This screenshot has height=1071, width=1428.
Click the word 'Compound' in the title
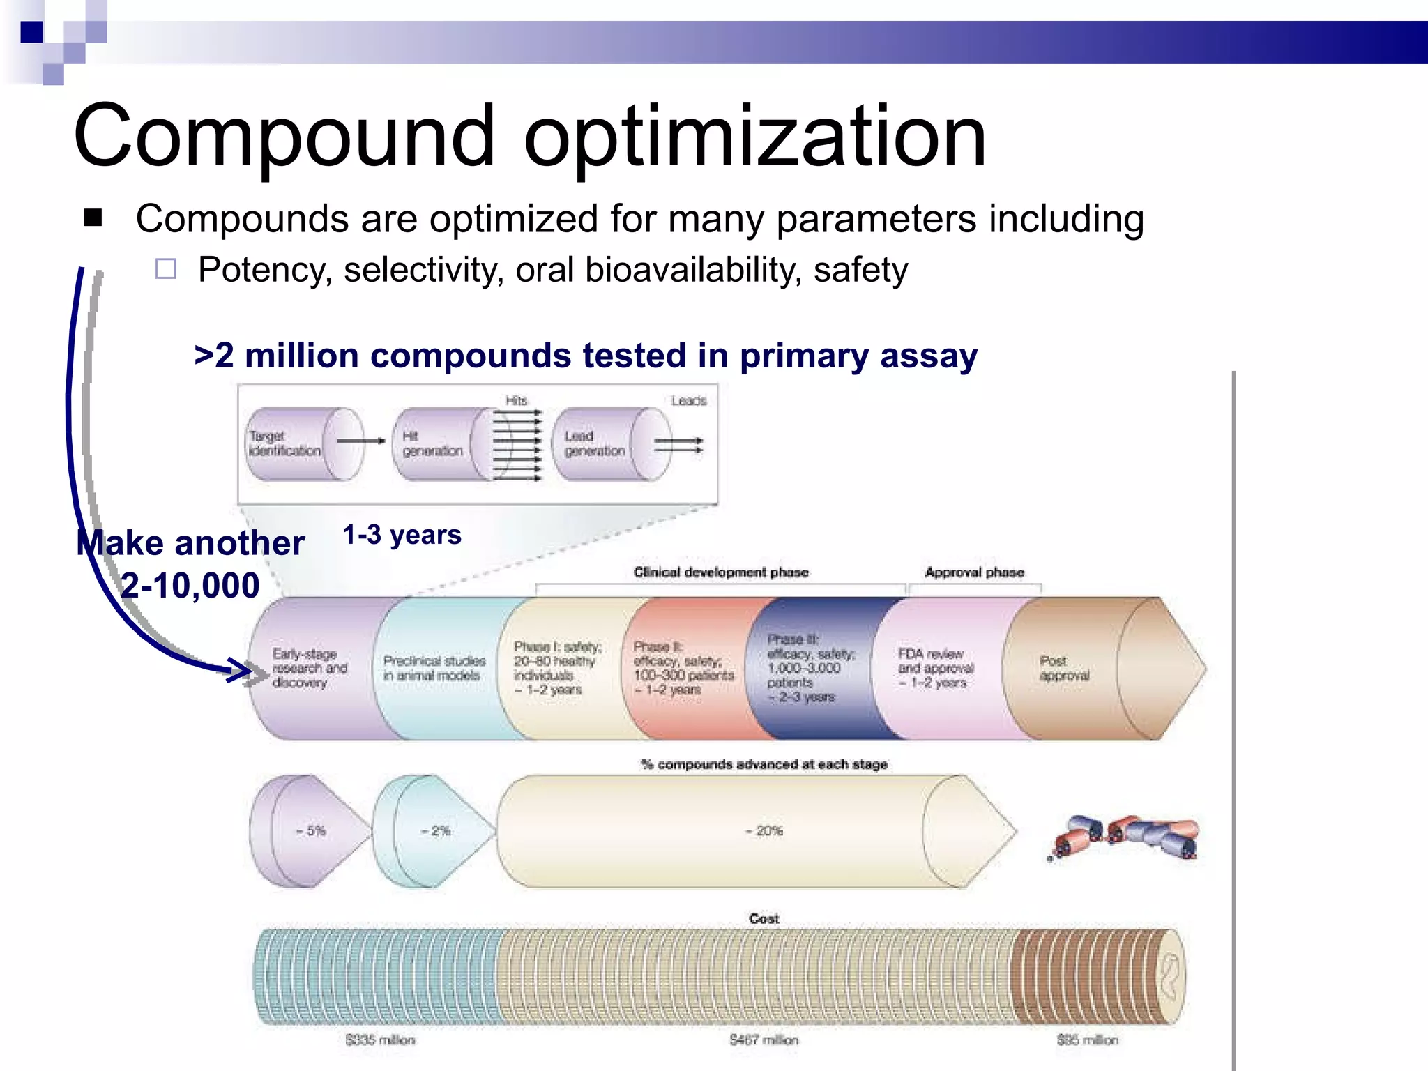[x=283, y=137]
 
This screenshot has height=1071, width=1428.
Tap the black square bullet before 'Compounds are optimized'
[x=93, y=218]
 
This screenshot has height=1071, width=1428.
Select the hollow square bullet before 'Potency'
[x=166, y=269]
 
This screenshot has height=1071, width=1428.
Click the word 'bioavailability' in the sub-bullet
[x=693, y=270]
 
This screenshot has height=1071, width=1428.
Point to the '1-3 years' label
[x=402, y=535]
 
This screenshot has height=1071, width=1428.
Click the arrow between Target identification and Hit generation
[x=360, y=441]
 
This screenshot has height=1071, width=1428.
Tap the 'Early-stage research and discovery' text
[x=310, y=668]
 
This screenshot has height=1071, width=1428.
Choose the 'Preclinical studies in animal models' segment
[x=434, y=668]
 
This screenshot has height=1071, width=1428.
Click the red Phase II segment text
[x=683, y=668]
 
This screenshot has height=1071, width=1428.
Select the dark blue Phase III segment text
[x=809, y=668]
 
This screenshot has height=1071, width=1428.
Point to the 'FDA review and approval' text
[x=935, y=668]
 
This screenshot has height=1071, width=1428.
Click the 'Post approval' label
[x=1063, y=668]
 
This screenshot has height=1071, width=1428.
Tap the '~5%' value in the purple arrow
[x=311, y=830]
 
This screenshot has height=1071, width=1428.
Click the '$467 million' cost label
[x=764, y=1040]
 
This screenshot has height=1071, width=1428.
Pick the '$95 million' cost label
[x=1087, y=1040]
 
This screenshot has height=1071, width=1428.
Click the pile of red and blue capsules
[x=1126, y=837]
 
